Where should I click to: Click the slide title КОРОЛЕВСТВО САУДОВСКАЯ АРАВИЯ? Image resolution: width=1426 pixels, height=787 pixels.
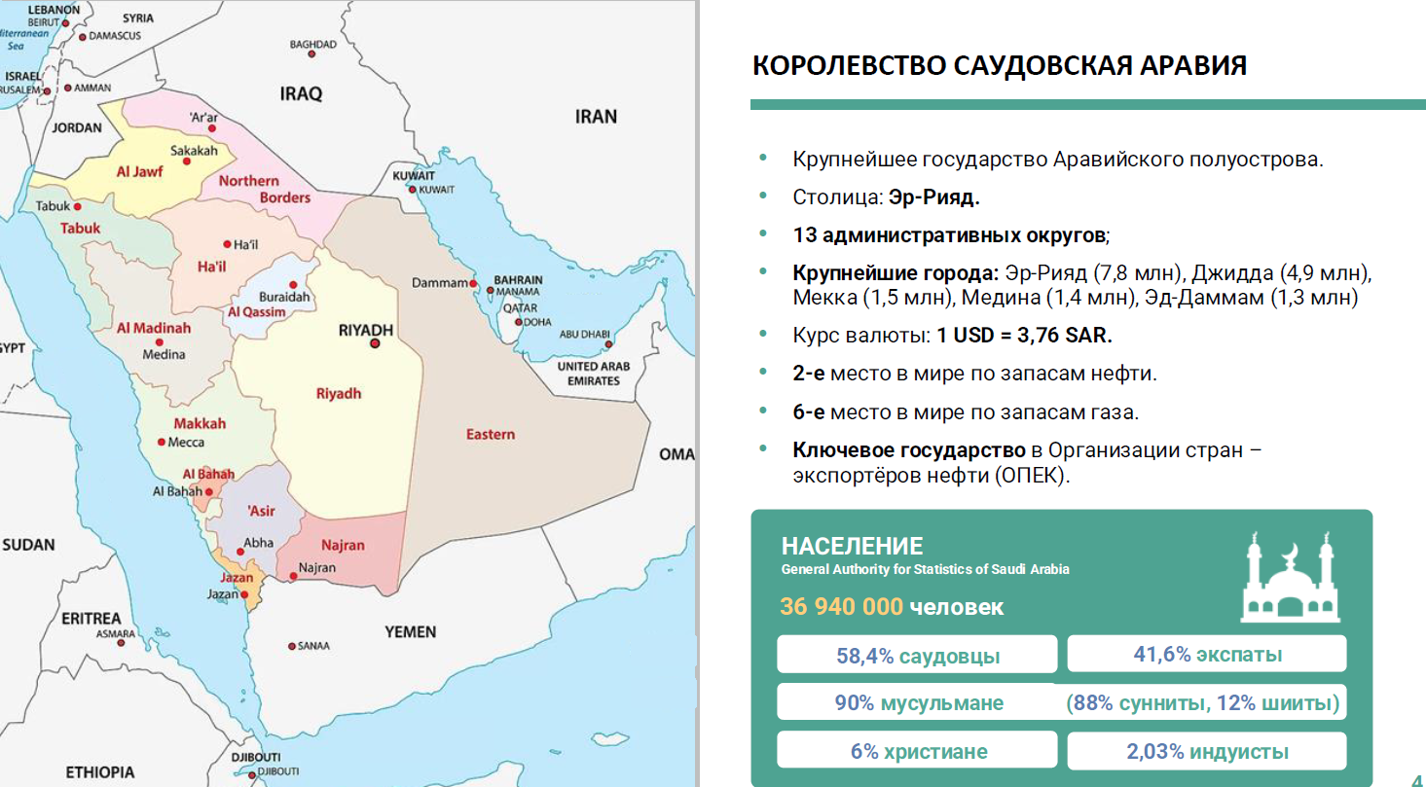click(1000, 66)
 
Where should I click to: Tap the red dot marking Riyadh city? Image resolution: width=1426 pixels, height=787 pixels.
click(375, 343)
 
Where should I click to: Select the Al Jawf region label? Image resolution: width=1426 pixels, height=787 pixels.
click(139, 172)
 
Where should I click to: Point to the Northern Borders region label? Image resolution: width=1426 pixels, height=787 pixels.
click(264, 189)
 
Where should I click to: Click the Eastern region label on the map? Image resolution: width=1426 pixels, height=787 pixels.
click(490, 434)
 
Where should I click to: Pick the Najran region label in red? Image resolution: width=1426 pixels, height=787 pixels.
click(343, 545)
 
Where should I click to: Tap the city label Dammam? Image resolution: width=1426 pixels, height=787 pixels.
click(440, 283)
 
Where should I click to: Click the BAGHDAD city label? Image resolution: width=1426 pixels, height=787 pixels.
click(312, 45)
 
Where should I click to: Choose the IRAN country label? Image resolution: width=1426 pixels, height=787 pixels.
click(596, 117)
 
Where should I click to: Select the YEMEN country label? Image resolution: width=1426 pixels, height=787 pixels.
click(410, 632)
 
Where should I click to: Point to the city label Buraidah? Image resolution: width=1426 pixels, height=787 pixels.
click(283, 296)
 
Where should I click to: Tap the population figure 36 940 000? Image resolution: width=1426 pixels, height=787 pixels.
click(841, 607)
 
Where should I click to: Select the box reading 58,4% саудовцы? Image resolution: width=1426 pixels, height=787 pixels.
click(917, 655)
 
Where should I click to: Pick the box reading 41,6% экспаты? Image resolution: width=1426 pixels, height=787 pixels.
click(1207, 654)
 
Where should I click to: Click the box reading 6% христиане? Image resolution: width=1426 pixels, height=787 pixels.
click(917, 751)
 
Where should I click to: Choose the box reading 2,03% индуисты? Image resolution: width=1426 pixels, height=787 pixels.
click(1207, 751)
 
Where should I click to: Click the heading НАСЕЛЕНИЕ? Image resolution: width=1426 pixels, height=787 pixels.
click(852, 546)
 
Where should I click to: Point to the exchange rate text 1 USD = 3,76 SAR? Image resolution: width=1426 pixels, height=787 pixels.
click(1024, 336)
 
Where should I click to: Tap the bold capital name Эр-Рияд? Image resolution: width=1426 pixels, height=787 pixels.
click(933, 197)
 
